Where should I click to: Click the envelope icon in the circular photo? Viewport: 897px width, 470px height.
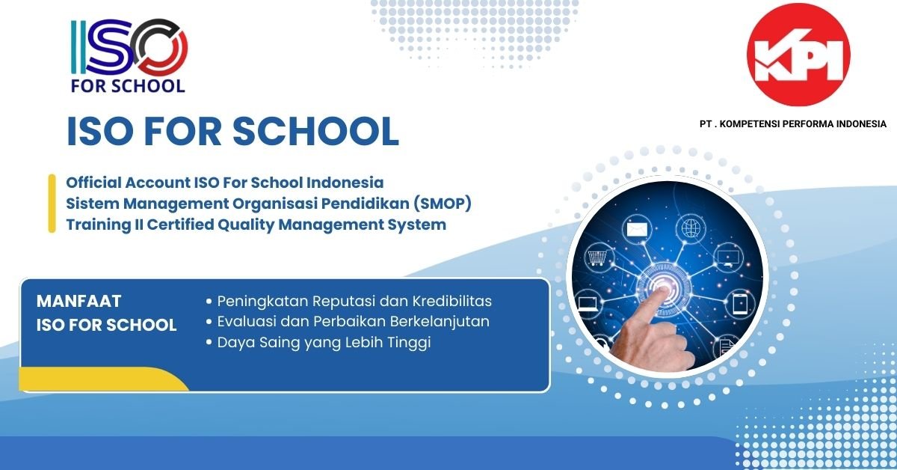[x=637, y=230]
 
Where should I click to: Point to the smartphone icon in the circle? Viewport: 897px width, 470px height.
[x=739, y=304]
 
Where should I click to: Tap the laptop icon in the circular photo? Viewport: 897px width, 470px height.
[x=588, y=304]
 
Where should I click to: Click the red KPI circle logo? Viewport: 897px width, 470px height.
[x=798, y=55]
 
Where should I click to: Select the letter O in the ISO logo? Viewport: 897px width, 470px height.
[x=159, y=47]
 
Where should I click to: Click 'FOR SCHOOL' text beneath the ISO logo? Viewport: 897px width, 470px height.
[x=128, y=86]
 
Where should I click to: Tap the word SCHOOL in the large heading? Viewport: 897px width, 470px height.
[x=315, y=131]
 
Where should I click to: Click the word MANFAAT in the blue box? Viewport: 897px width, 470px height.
[x=79, y=301]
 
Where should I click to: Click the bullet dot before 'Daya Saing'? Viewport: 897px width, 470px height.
[x=209, y=343]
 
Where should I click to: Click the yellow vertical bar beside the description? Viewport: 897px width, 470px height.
[x=52, y=204]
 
